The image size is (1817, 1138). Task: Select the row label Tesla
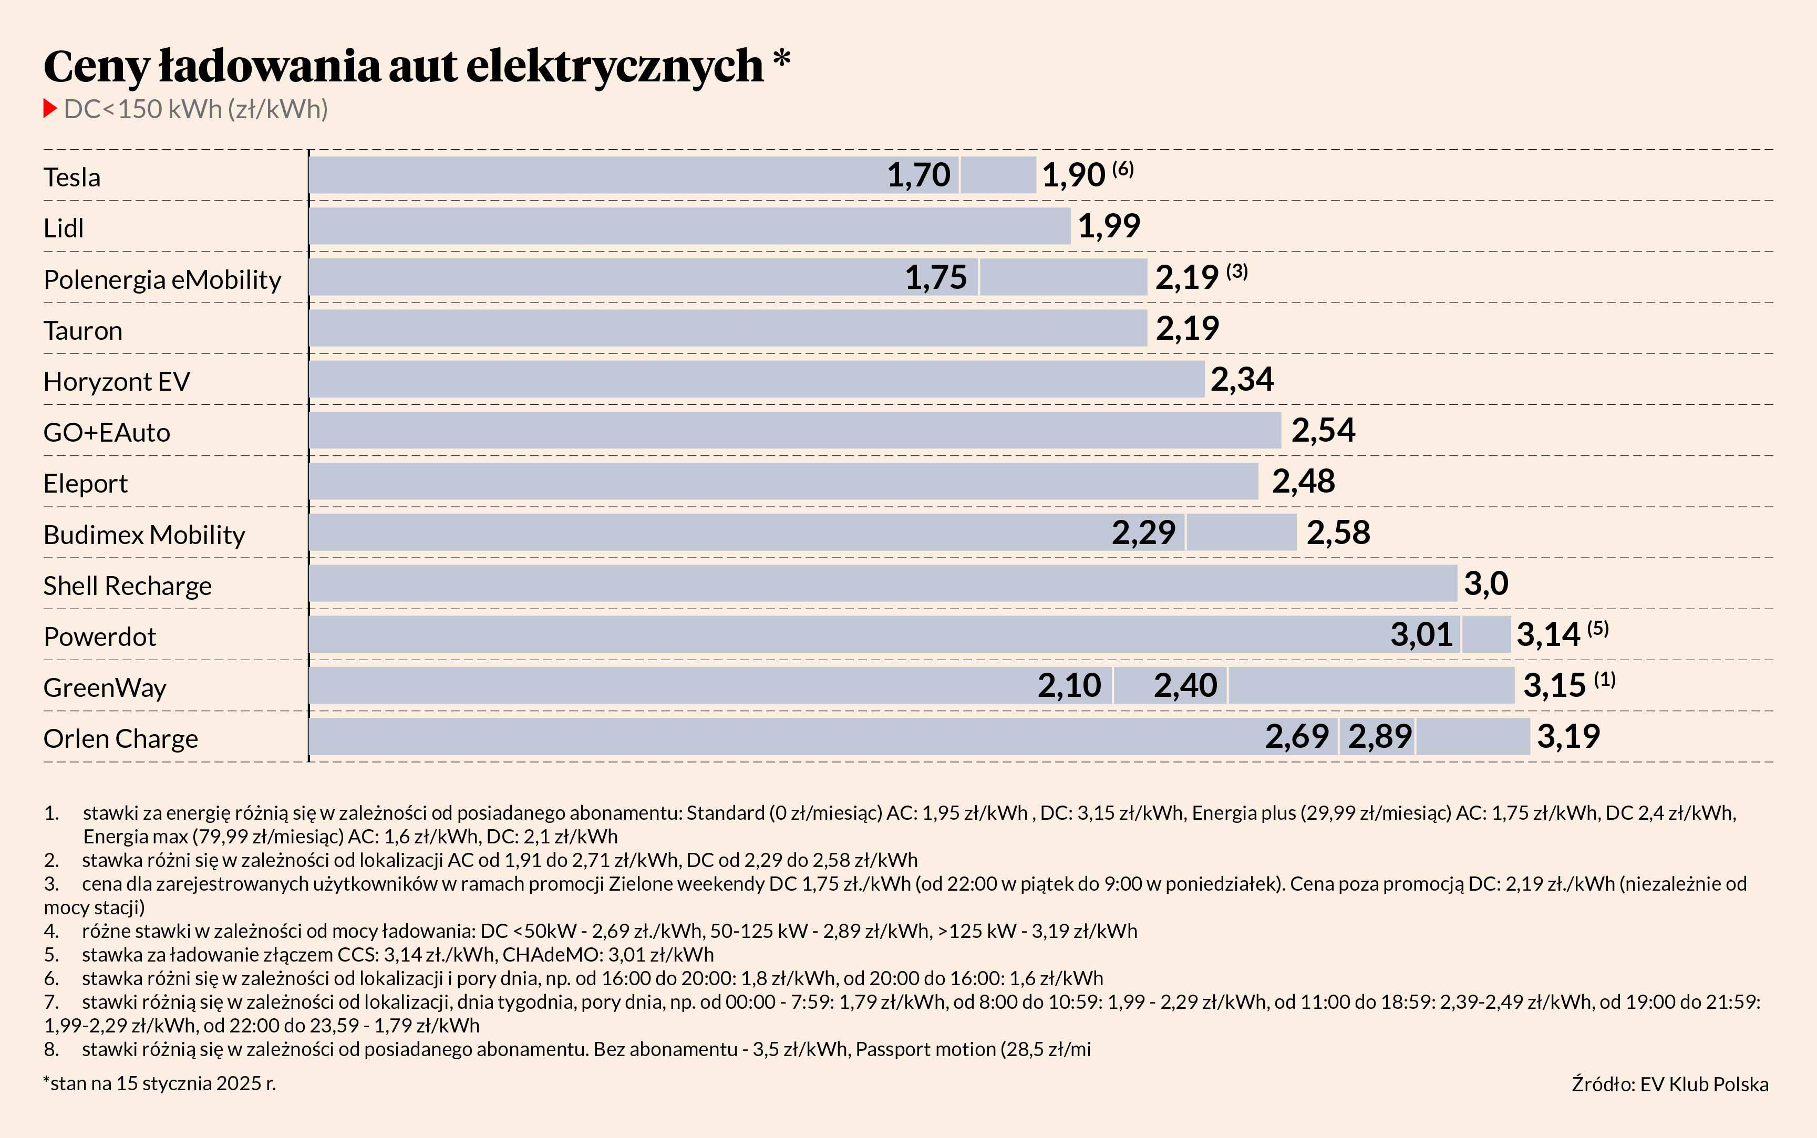point(71,177)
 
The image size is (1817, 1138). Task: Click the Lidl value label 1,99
point(1109,226)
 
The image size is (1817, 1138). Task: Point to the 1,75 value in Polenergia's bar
point(935,277)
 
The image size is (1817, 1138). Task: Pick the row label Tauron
point(83,330)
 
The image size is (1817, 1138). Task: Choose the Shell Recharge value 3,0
point(1485,583)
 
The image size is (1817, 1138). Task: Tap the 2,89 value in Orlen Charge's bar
point(1379,736)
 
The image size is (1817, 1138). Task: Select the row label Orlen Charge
point(120,738)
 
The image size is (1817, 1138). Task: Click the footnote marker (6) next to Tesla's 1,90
point(1123,169)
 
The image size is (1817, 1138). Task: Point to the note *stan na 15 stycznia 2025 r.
point(160,1083)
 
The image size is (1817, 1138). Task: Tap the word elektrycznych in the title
point(615,66)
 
